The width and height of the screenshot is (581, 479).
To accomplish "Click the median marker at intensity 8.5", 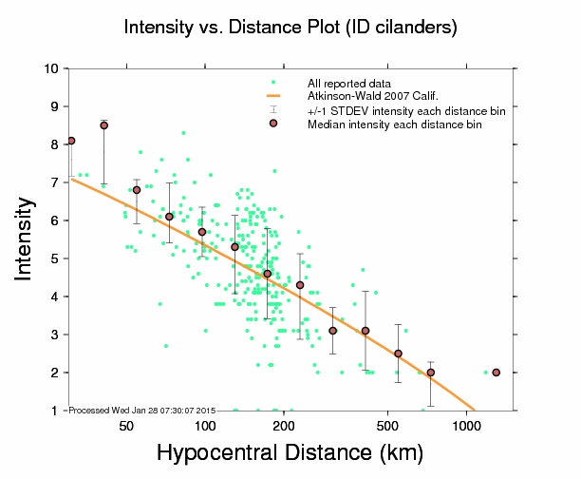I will point(103,125).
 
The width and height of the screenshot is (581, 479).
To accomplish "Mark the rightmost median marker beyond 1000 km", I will point(497,373).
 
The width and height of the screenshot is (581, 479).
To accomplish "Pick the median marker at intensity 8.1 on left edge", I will point(71,141).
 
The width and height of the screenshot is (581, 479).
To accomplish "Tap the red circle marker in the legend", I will point(273,124).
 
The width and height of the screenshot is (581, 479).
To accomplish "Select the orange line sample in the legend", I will point(273,96).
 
